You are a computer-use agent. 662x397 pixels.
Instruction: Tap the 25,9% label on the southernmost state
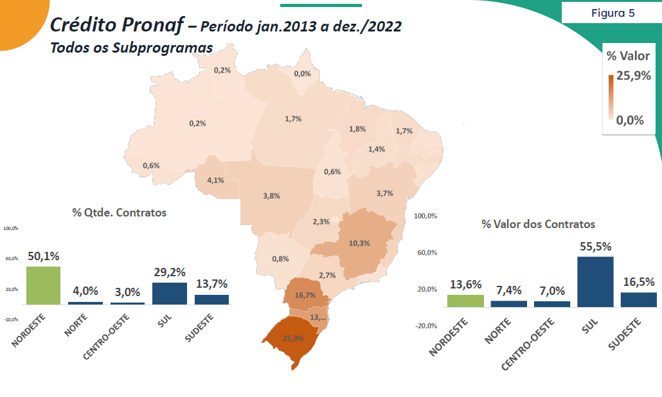point(293,339)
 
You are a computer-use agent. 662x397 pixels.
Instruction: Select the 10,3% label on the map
point(359,243)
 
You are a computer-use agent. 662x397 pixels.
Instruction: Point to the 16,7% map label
point(305,296)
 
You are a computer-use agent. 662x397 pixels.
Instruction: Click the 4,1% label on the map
point(215,180)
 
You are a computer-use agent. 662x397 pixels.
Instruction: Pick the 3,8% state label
point(271,196)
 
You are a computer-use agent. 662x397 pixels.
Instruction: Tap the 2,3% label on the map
point(321,222)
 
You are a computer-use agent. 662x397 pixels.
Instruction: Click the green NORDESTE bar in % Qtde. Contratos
point(43,285)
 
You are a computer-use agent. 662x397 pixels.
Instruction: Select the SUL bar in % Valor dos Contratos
point(595,281)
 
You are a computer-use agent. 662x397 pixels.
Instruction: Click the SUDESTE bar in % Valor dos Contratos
point(639,299)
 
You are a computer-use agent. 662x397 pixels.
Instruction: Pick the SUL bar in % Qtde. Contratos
point(170,293)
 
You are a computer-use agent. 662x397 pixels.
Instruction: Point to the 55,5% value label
point(595,247)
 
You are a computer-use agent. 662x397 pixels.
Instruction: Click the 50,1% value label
point(44,256)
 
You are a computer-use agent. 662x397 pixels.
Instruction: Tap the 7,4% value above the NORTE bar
point(508,290)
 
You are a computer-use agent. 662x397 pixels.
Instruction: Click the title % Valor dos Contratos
point(538,224)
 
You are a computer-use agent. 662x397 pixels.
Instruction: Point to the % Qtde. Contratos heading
point(119,212)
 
